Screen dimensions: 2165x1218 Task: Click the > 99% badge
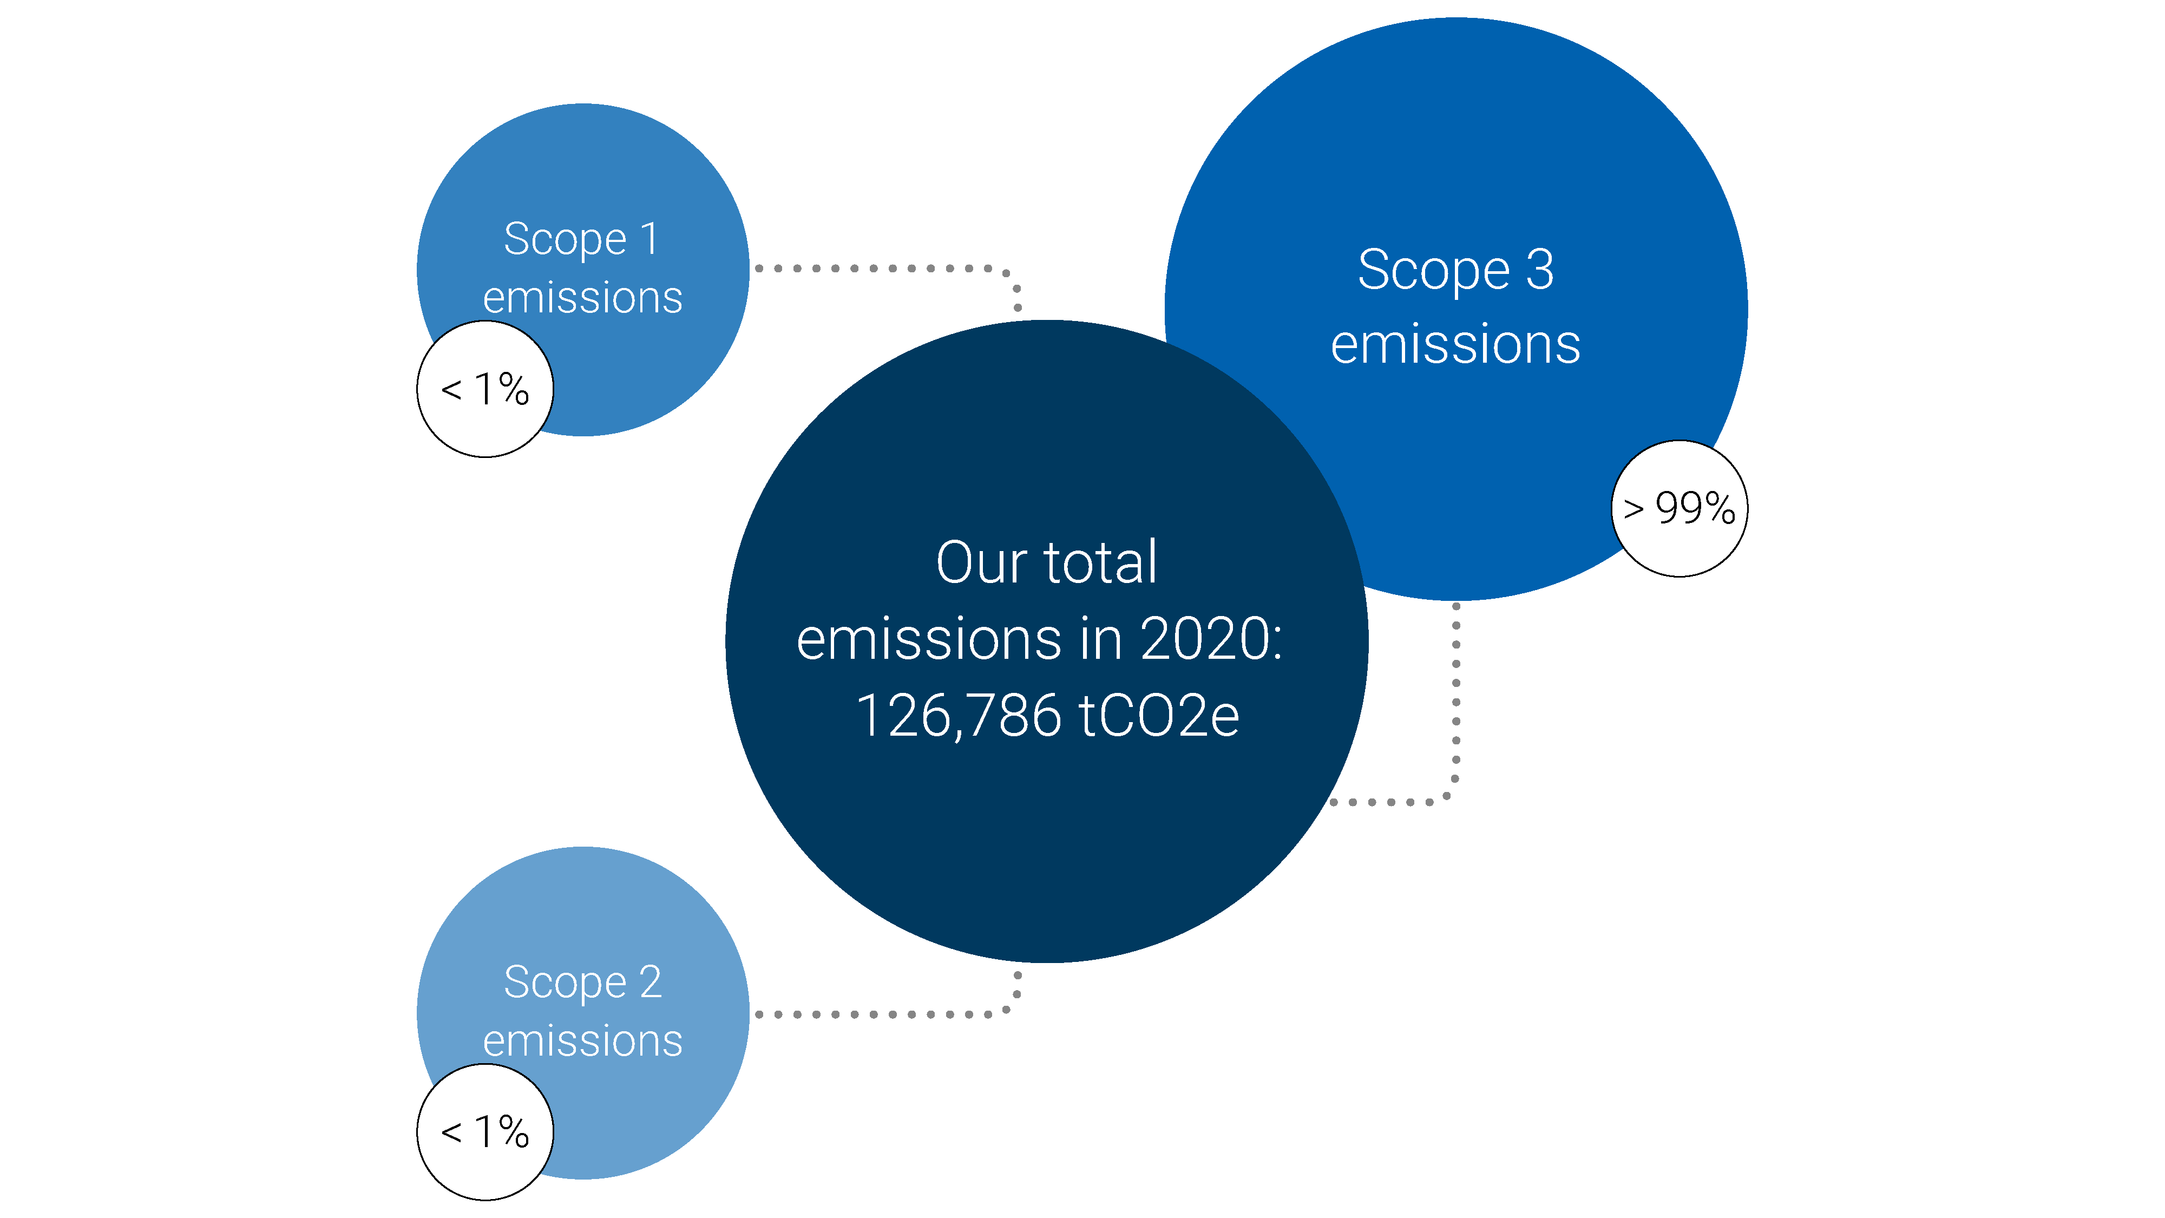(1679, 508)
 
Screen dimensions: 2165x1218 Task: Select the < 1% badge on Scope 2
(485, 1132)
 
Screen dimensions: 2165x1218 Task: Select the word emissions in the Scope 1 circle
(582, 298)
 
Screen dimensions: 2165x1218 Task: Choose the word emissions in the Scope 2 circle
(582, 1042)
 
